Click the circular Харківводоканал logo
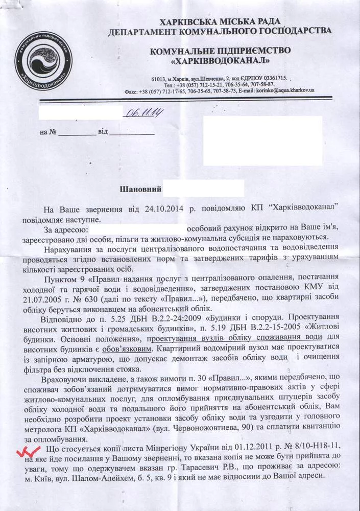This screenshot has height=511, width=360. [43, 60]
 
